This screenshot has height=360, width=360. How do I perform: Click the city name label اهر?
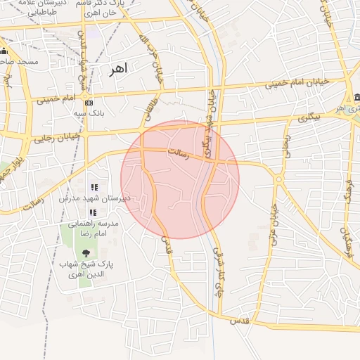click(x=117, y=70)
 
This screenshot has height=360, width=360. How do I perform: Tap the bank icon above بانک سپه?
click(x=89, y=103)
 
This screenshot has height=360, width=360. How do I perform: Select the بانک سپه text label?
click(x=89, y=112)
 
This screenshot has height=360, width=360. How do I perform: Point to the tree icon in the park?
click(x=86, y=252)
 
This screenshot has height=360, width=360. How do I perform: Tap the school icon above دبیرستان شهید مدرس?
click(x=94, y=188)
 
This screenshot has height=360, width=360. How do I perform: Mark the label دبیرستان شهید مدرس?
click(x=108, y=199)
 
